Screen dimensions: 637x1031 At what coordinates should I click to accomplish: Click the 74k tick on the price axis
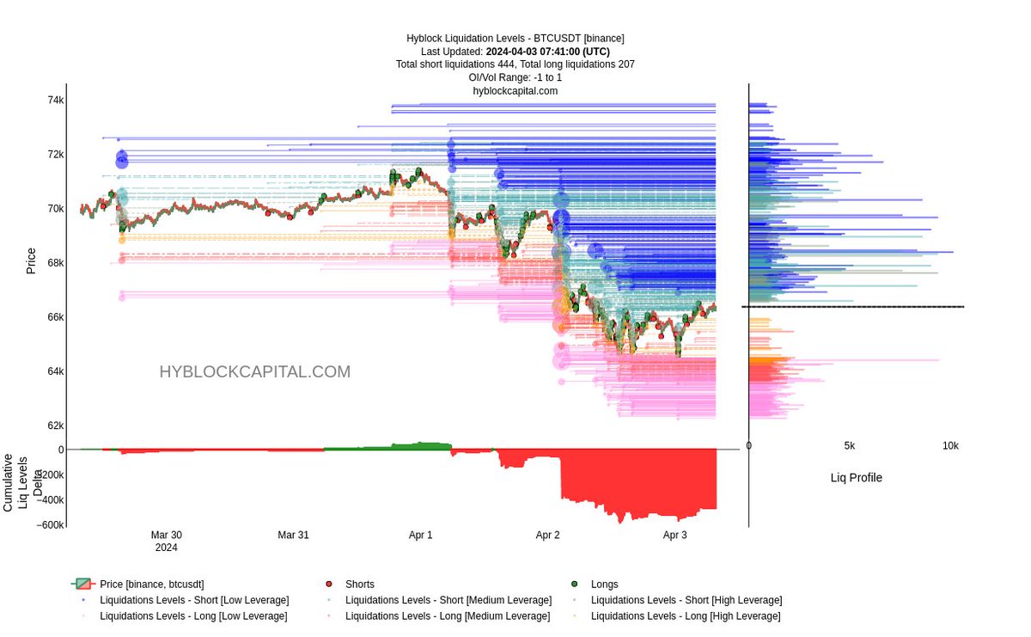(55, 101)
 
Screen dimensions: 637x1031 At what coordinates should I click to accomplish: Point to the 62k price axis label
(55, 426)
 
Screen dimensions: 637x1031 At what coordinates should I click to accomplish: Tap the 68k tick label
(55, 263)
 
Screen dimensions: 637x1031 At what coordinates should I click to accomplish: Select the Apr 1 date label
(421, 535)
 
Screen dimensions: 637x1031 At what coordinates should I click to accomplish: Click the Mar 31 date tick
(293, 535)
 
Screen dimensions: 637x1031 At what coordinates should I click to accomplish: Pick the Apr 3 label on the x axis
(675, 535)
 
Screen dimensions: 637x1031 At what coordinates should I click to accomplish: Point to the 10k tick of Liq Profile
(950, 446)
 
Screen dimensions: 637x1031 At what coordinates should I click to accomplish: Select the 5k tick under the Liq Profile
(850, 446)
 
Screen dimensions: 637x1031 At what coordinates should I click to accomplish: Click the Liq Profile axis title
(856, 478)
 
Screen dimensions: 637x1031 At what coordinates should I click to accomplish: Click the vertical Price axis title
(31, 260)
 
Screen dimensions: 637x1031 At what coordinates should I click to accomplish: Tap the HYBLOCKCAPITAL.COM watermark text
(254, 372)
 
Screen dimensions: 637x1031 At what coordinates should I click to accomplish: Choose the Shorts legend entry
(358, 585)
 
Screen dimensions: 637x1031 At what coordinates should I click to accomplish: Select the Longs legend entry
(604, 585)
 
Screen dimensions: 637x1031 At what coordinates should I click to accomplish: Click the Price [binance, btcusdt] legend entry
(151, 585)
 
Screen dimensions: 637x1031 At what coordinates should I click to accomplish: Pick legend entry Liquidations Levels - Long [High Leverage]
(686, 616)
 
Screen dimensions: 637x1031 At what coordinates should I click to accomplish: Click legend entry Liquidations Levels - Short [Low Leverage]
(194, 600)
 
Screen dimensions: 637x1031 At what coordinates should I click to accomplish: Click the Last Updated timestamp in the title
(515, 52)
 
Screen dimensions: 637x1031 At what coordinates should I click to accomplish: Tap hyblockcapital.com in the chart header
(515, 90)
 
